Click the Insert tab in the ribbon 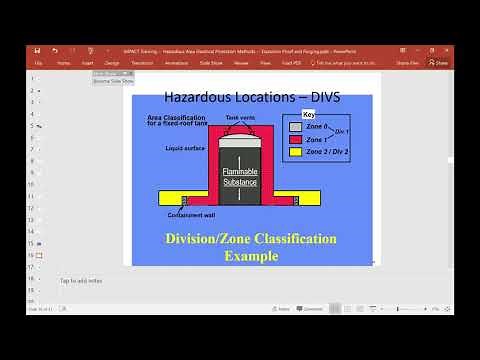pyautogui.click(x=88, y=62)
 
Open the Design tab pyautogui.click(x=112, y=62)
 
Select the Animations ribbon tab pyautogui.click(x=178, y=62)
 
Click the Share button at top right pyautogui.click(x=438, y=62)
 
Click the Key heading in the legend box pyautogui.click(x=294, y=114)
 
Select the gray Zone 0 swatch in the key pyautogui.click(x=295, y=127)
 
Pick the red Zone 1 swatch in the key pyautogui.click(x=295, y=140)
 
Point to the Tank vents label pyautogui.click(x=239, y=117)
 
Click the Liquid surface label pyautogui.click(x=185, y=148)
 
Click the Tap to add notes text pyautogui.click(x=80, y=280)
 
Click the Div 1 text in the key pyautogui.click(x=341, y=132)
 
